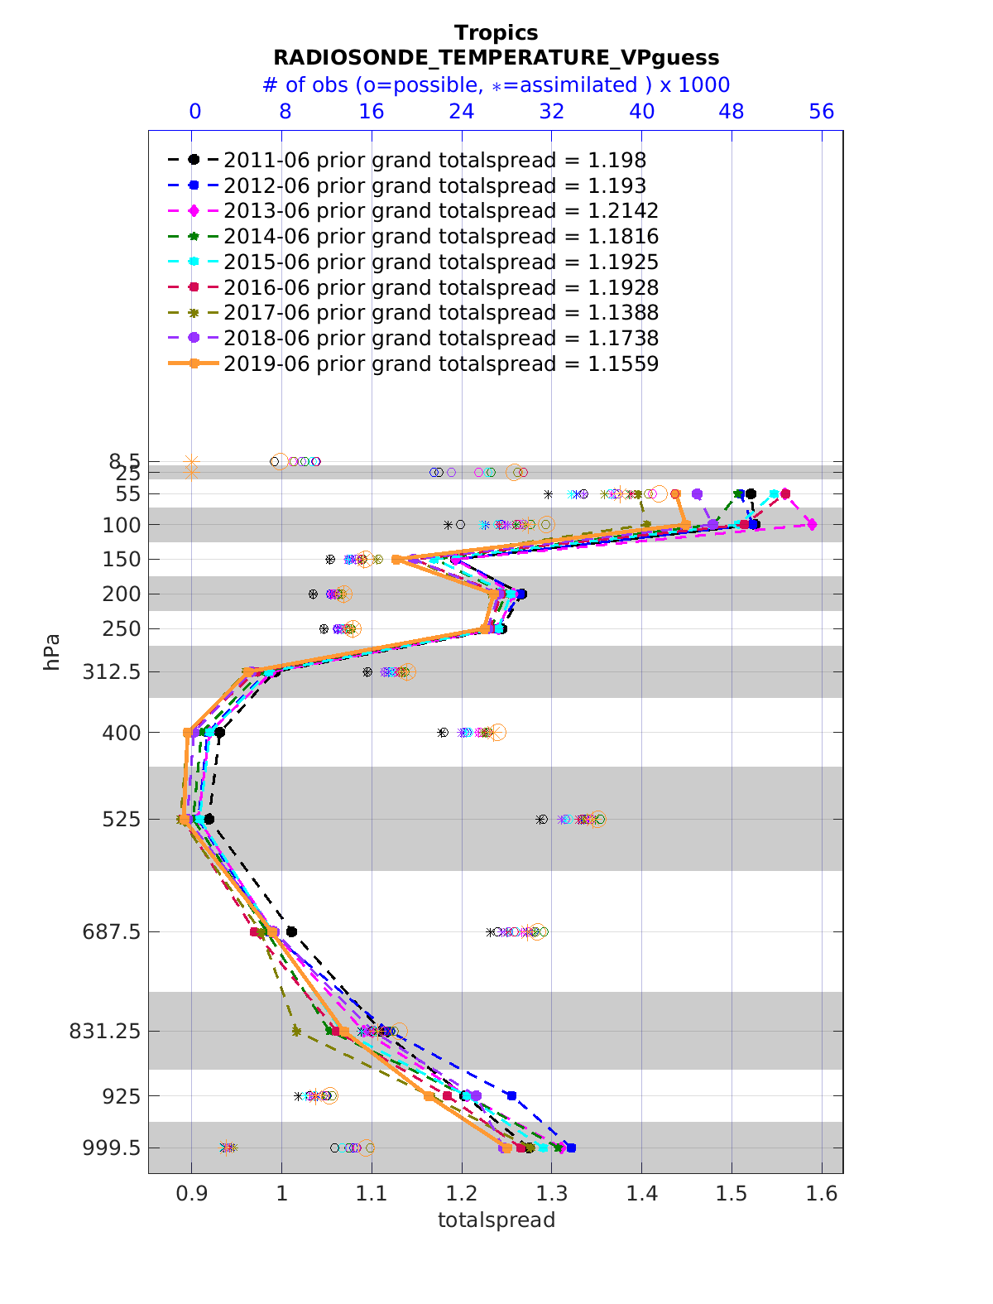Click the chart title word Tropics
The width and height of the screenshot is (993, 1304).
(x=496, y=32)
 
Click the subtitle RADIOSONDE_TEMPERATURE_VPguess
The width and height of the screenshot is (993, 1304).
(x=496, y=57)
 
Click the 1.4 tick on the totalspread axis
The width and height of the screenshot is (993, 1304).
(x=641, y=1193)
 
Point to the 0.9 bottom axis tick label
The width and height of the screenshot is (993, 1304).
(x=191, y=1193)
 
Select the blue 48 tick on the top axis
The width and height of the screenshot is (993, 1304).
(x=732, y=111)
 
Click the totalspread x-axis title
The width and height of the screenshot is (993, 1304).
(x=496, y=1220)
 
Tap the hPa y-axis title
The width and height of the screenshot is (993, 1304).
(x=52, y=652)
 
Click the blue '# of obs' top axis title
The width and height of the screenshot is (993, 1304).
(x=496, y=84)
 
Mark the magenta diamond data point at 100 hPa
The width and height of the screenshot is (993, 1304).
(x=813, y=524)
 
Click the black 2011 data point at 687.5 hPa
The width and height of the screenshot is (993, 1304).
(x=291, y=931)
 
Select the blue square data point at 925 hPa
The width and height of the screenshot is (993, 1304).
(x=511, y=1095)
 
